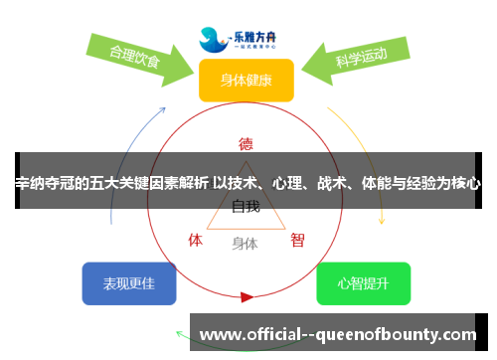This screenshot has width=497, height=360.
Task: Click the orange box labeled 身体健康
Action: click(x=246, y=80)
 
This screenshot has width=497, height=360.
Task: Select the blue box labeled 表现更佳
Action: click(x=129, y=283)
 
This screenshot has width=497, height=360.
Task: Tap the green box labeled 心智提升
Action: click(x=363, y=283)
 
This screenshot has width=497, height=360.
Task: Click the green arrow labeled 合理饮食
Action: click(x=137, y=57)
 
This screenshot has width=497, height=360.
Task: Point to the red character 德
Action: click(x=246, y=143)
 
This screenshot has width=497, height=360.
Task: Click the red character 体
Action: click(x=196, y=240)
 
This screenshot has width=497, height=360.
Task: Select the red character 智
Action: click(x=297, y=240)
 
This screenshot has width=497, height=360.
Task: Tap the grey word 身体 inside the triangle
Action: click(x=246, y=243)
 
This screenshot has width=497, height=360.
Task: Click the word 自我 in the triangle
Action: click(x=246, y=207)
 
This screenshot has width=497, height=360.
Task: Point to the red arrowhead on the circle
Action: click(x=247, y=296)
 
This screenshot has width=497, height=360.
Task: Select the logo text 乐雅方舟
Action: click(x=261, y=31)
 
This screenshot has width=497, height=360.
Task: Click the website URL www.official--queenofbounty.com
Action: click(x=339, y=335)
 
